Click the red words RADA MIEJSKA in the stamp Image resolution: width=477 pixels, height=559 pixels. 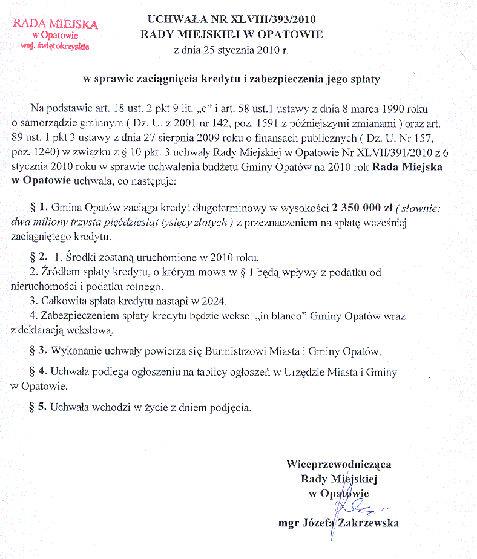click(55, 25)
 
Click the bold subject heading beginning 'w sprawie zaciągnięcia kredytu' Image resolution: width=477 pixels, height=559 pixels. click(231, 79)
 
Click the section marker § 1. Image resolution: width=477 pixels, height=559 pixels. click(40, 208)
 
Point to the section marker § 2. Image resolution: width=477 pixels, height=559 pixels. click(40, 259)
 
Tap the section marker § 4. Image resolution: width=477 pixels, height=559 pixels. click(40, 373)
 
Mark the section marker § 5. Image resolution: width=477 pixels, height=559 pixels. click(40, 407)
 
